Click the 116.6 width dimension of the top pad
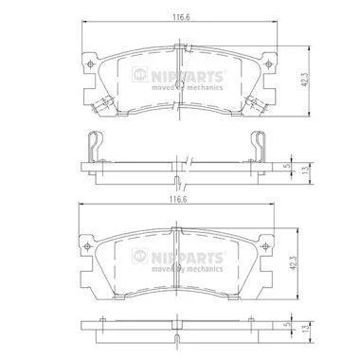(181, 17)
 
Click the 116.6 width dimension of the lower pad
(178, 199)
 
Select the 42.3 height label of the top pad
(306, 81)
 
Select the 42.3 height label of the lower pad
(294, 262)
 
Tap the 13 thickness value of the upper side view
(305, 171)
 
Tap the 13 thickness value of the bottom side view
(305, 329)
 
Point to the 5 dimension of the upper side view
(287, 165)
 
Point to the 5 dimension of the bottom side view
(287, 324)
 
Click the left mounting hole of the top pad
(91, 64)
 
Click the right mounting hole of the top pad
(268, 64)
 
